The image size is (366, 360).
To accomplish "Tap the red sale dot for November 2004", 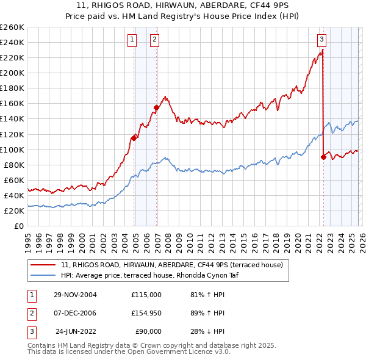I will tap(134, 138).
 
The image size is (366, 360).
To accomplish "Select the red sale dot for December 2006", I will tap(156, 107).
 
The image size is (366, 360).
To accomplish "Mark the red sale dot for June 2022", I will tap(323, 157).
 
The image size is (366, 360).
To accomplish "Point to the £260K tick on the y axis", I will tap(12, 27).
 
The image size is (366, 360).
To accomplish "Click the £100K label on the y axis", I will tap(12, 149).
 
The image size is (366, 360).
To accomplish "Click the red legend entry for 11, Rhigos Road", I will tap(171, 265).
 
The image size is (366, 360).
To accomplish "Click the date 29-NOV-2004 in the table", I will tap(75, 295).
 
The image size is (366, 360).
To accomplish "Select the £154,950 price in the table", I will tap(146, 313).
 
